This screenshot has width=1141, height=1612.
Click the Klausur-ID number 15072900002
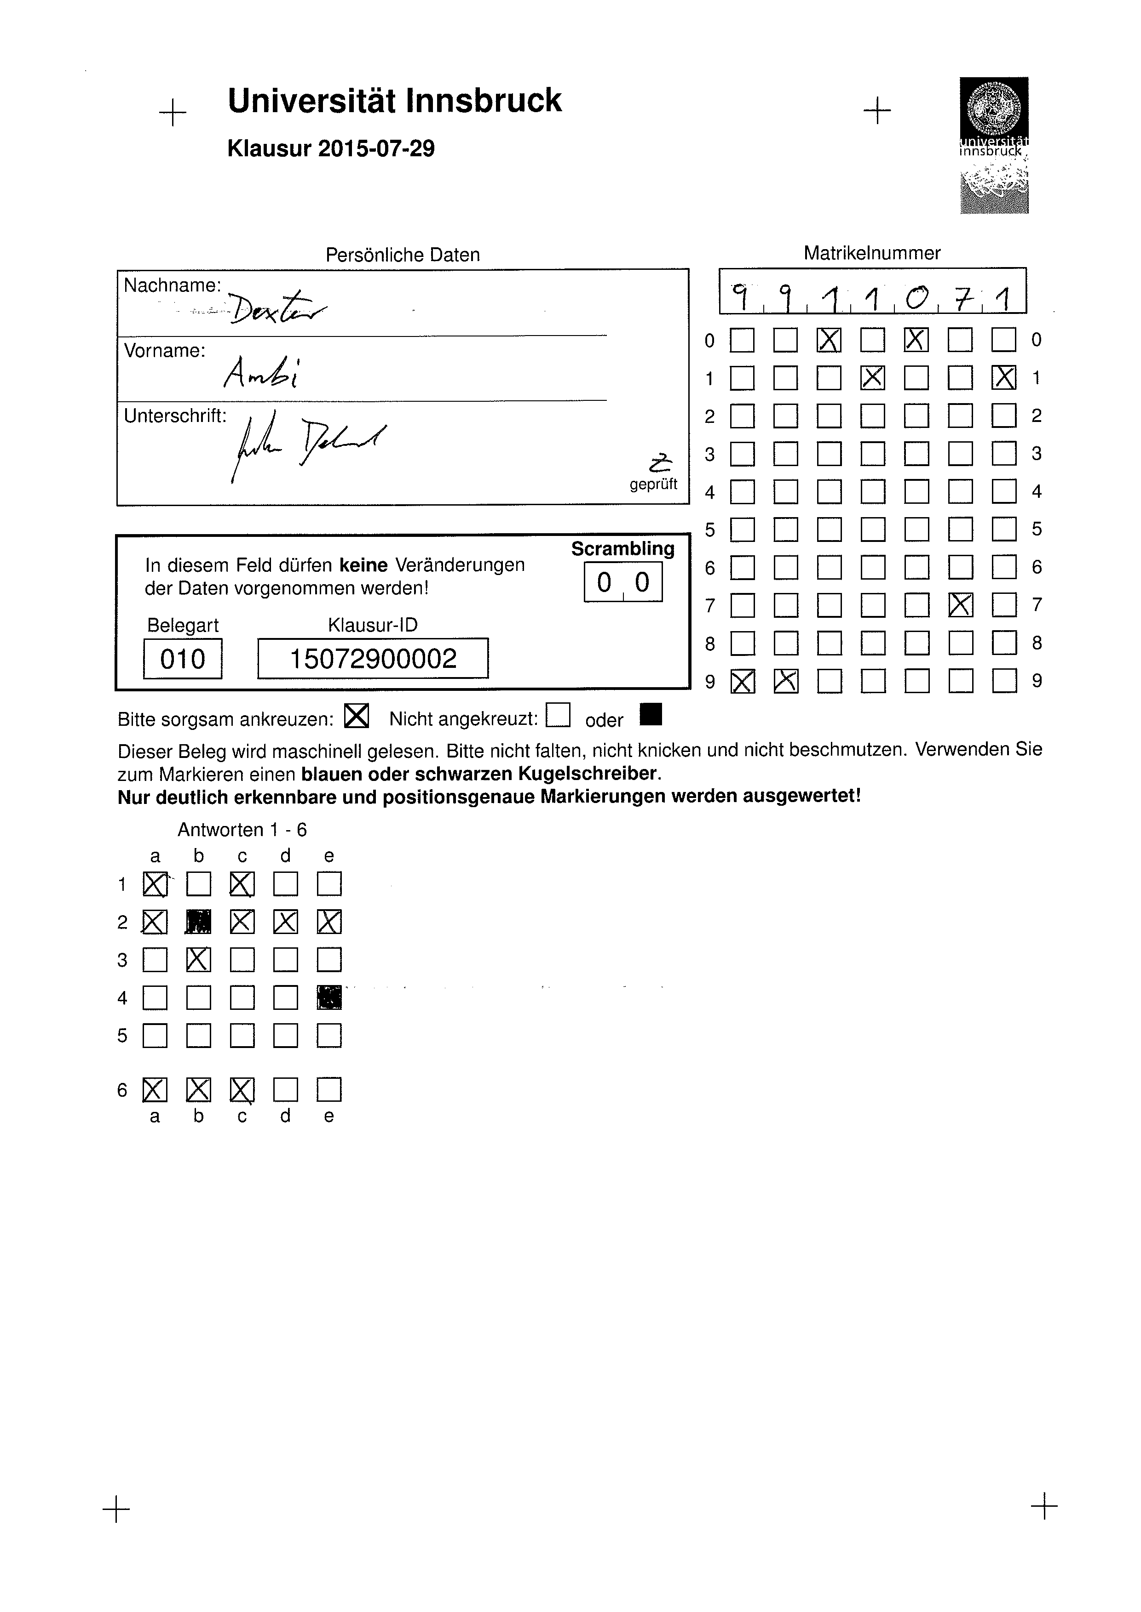pyautogui.click(x=373, y=659)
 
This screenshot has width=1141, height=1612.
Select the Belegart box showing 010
pyautogui.click(x=183, y=659)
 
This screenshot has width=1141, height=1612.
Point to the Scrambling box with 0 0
pyautogui.click(x=623, y=582)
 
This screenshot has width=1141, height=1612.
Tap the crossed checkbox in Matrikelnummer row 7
pyautogui.click(x=961, y=604)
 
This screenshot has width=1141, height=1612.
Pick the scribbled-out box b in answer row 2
pyautogui.click(x=198, y=922)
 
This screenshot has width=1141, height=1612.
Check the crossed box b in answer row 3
pyautogui.click(x=199, y=959)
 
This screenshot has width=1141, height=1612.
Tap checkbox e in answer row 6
pyautogui.click(x=329, y=1090)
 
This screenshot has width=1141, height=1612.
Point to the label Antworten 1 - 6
pyautogui.click(x=242, y=830)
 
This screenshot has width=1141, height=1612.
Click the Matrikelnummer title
pyautogui.click(x=871, y=253)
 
